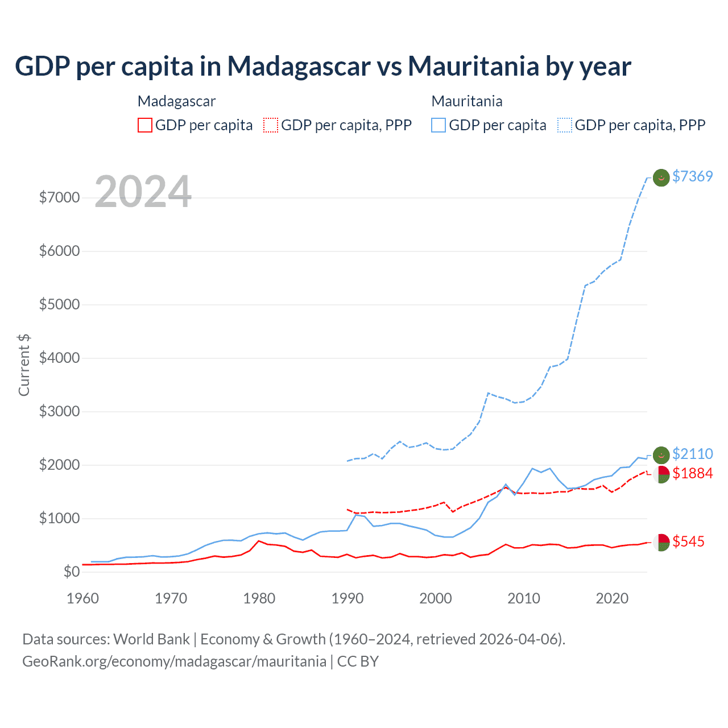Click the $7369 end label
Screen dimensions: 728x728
[x=692, y=176]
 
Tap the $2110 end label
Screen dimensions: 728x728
[x=692, y=454]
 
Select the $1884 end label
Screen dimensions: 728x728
[x=692, y=473]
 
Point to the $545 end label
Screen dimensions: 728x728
[x=688, y=541]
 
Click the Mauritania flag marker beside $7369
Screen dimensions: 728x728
[x=661, y=177]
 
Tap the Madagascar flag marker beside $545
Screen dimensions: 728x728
[x=661, y=542]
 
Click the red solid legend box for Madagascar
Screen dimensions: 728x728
[x=145, y=125]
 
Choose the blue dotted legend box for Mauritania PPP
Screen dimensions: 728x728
[x=565, y=125]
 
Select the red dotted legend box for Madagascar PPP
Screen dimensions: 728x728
[x=271, y=125]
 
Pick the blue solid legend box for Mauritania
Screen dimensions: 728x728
[x=439, y=125]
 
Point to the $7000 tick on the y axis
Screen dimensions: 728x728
[x=59, y=198]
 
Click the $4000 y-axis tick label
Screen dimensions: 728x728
[x=59, y=358]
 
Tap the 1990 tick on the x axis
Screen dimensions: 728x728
[x=348, y=598]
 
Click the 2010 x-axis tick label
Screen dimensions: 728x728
[x=524, y=598]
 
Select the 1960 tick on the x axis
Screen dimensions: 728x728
[x=83, y=598]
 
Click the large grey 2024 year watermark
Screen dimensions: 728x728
[x=143, y=192]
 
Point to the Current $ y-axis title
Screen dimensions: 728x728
[x=24, y=365]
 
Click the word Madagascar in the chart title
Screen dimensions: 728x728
[x=299, y=66]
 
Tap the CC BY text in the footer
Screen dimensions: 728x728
[x=358, y=661]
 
